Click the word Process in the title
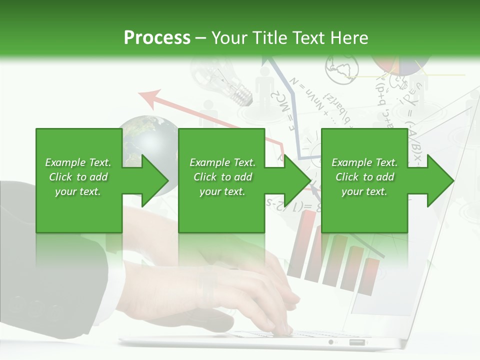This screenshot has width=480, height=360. tap(157, 37)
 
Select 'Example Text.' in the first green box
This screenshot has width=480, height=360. tap(78, 162)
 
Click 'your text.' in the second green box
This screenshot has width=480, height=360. tap(222, 191)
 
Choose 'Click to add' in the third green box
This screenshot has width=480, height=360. tap(365, 177)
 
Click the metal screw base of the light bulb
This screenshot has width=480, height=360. tap(242, 95)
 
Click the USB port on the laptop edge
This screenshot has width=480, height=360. tap(356, 342)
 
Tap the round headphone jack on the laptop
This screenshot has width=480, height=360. tap(330, 342)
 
